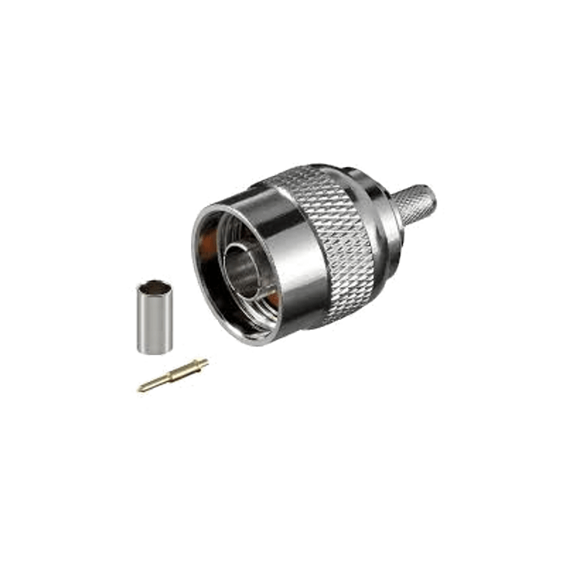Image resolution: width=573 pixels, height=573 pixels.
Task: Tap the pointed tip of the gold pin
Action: coord(141,389)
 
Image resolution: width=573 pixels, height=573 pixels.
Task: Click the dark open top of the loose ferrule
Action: coord(154,287)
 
